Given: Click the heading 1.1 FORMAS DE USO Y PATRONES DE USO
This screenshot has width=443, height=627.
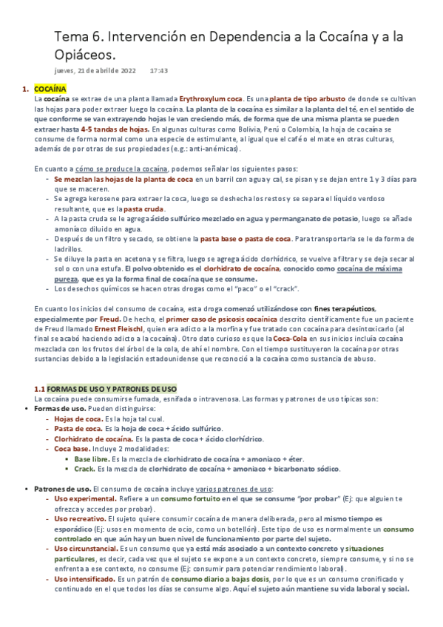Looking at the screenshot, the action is [106, 389].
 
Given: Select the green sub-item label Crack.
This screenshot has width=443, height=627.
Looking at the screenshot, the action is [84, 468].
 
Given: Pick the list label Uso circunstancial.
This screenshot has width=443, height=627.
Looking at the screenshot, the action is [85, 549].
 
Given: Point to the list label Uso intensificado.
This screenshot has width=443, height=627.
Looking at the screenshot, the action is [84, 579].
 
